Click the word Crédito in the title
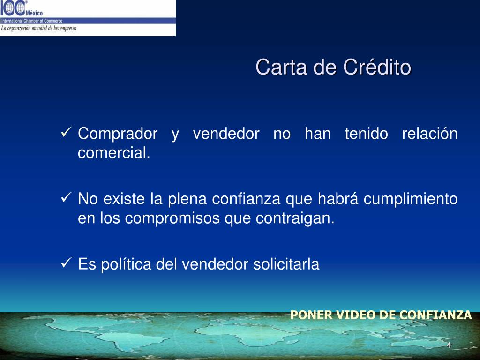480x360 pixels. (377, 67)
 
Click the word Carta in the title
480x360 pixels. (281, 67)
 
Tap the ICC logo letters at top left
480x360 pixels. (13, 8)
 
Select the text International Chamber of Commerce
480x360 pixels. (31, 21)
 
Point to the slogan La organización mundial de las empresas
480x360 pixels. (38, 29)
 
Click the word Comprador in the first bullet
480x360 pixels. (118, 134)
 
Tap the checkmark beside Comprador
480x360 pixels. (66, 132)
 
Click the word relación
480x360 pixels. (430, 134)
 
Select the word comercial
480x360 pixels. (114, 153)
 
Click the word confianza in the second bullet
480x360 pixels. (246, 199)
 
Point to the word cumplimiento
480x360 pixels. (411, 199)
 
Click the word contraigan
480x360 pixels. (295, 218)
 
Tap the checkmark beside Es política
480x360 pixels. (66, 262)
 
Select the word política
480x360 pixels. (126, 264)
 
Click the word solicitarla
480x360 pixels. (286, 264)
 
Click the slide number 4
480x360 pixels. (449, 345)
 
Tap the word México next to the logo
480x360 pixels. (34, 13)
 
